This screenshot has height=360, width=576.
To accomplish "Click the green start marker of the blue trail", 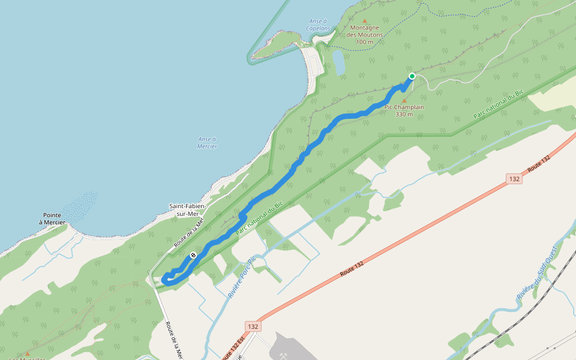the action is [412, 76].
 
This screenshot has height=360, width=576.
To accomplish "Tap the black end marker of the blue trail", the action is [193, 256].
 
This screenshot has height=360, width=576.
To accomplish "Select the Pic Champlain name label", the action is [404, 107].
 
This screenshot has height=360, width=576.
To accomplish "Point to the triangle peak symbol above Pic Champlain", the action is [404, 100].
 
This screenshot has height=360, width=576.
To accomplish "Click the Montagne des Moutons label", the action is [365, 31].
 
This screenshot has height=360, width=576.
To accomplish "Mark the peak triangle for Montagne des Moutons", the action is [364, 20].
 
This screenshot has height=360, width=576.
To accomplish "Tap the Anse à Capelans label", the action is [318, 25].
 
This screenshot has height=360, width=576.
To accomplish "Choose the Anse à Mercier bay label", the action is [207, 142].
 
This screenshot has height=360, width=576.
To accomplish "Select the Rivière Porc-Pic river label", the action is [242, 277].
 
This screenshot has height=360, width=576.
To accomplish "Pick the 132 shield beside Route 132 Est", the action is [253, 326].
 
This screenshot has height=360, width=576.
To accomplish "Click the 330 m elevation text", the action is [404, 115].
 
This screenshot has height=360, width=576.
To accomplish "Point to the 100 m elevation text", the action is [364, 42].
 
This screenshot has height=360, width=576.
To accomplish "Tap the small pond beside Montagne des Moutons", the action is [338, 62].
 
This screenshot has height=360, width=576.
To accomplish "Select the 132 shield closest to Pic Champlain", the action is [514, 179].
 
